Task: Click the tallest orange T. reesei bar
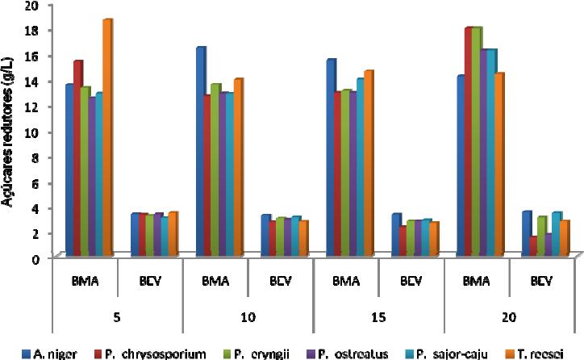(106, 137)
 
